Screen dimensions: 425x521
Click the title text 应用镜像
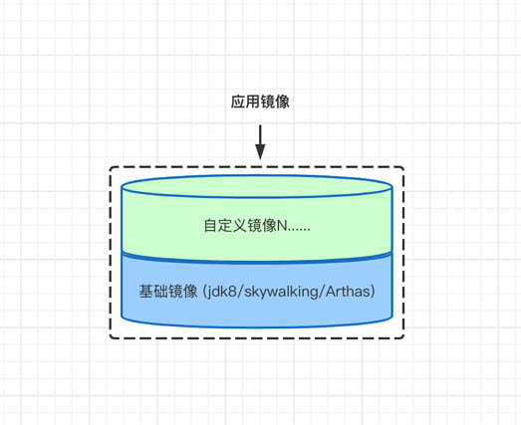point(260,103)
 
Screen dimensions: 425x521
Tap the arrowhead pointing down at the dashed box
point(260,151)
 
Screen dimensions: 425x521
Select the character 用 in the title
point(253,103)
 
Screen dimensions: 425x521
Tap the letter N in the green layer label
point(280,226)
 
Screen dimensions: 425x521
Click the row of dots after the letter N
point(298,229)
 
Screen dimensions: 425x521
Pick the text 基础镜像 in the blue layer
point(168,292)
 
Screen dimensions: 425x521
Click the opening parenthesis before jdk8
point(204,293)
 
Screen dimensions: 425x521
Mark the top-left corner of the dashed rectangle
point(111,168)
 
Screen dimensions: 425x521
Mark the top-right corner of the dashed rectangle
point(403,168)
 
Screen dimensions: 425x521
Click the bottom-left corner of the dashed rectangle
point(111,337)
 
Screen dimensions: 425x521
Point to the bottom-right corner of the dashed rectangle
point(403,337)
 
